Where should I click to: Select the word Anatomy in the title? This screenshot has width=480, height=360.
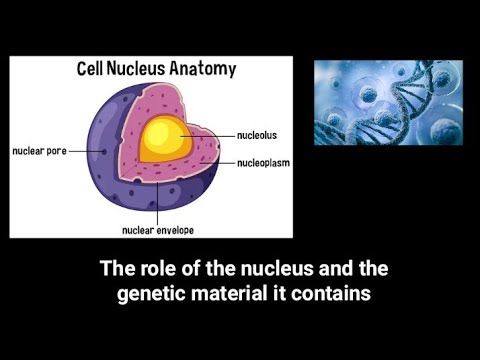(206, 70)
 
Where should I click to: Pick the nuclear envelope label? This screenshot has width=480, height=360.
(158, 229)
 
